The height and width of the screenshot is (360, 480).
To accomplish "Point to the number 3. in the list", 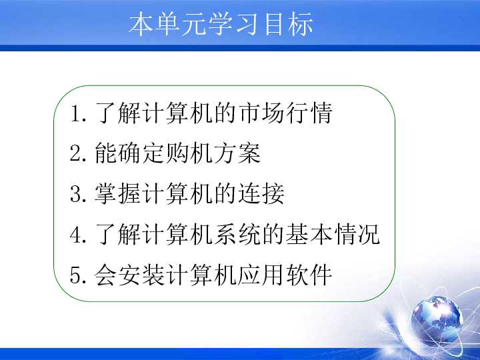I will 77,195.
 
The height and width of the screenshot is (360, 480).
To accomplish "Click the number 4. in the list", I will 77,235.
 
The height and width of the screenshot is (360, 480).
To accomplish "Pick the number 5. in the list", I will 77,275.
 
